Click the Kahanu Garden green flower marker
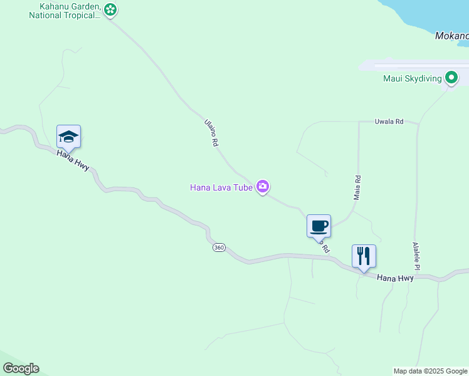coord(110,9)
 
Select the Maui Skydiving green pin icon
coord(451,78)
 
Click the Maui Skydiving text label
coord(412,79)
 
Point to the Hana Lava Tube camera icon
coord(263,187)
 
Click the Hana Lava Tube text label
coord(221,187)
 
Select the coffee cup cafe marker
coord(319,226)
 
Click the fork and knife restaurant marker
coord(364,256)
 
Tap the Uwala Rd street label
coord(389,122)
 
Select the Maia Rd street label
coord(357,187)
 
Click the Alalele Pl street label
coord(416,256)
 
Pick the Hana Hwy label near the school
coord(73,161)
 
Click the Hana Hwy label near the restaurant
coord(395,277)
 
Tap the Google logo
coord(21,368)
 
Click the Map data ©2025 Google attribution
coord(431,371)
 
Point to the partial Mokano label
coord(451,36)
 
